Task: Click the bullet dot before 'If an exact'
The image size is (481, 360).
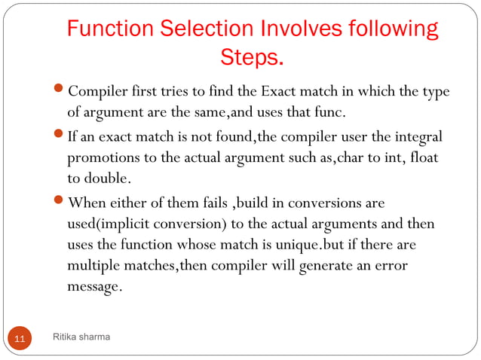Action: coord(61,139)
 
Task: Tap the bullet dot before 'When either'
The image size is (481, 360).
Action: coord(61,204)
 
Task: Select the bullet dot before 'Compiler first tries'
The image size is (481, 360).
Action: coord(61,93)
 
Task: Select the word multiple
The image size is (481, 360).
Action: coord(93,267)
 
